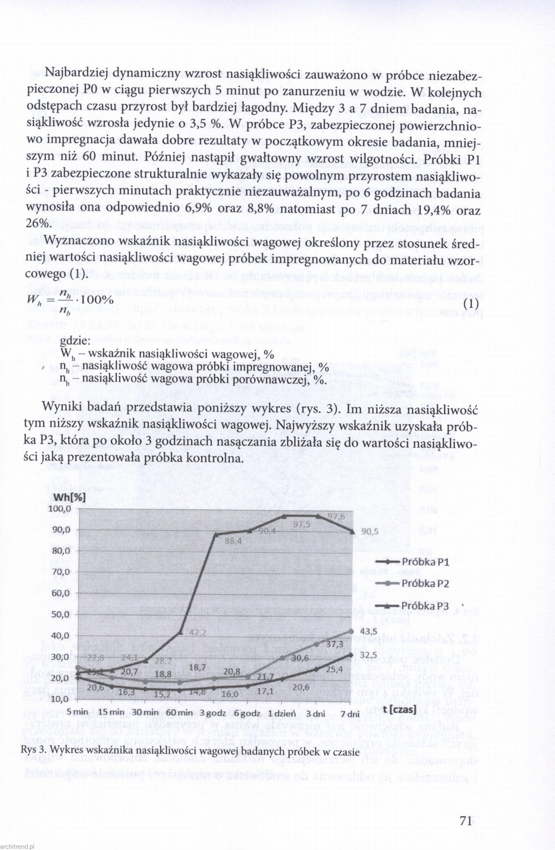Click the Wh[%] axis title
(70, 497)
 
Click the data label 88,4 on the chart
(233, 541)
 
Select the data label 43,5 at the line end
(368, 631)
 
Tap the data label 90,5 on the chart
(370, 532)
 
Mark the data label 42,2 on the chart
(198, 632)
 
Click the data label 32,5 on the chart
(368, 655)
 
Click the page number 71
(465, 821)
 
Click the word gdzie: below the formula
(75, 341)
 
